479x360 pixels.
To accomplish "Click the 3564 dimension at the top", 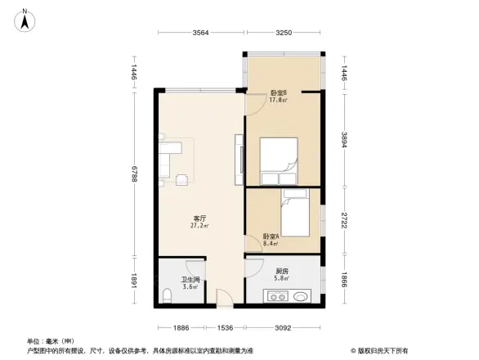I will point(202,33).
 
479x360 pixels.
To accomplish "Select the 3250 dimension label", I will point(284,33).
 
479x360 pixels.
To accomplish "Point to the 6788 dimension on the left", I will point(132,176).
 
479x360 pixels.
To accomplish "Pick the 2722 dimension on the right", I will point(346,220).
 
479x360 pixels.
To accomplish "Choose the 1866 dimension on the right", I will point(346,281).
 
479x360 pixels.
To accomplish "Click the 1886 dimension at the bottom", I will point(181,327).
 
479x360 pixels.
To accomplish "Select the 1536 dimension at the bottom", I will point(226,327).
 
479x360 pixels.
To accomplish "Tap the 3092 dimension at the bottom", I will point(283,327).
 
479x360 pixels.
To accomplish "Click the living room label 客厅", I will point(199,218).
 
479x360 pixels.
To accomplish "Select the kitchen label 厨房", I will point(282,271).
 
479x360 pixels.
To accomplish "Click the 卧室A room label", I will point(271,236).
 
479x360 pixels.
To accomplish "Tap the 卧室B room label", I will point(279,92).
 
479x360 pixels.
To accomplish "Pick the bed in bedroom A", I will point(295,214).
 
